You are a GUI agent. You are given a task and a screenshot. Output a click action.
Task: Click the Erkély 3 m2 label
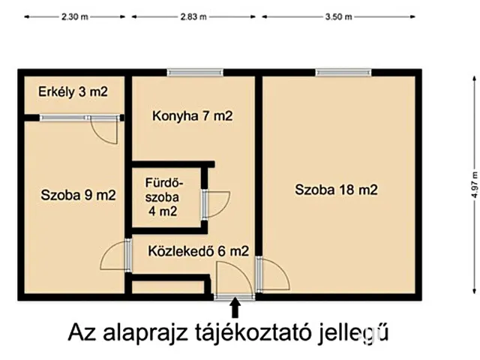[73, 92]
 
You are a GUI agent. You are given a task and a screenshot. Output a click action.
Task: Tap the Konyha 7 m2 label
[192, 116]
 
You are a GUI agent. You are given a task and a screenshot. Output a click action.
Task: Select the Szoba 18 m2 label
[335, 190]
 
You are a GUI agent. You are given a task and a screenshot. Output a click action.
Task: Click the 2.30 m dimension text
[73, 16]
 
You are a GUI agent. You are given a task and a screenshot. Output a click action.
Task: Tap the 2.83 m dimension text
[194, 16]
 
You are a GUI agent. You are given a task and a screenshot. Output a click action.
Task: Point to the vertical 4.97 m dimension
[474, 183]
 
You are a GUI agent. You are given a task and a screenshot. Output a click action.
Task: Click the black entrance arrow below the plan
[235, 308]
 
